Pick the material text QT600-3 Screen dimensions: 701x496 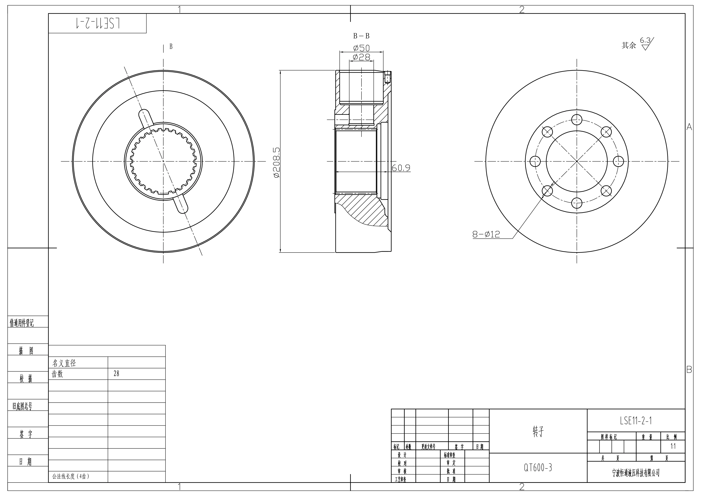tap(538, 468)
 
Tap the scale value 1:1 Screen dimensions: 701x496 tap(673, 446)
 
